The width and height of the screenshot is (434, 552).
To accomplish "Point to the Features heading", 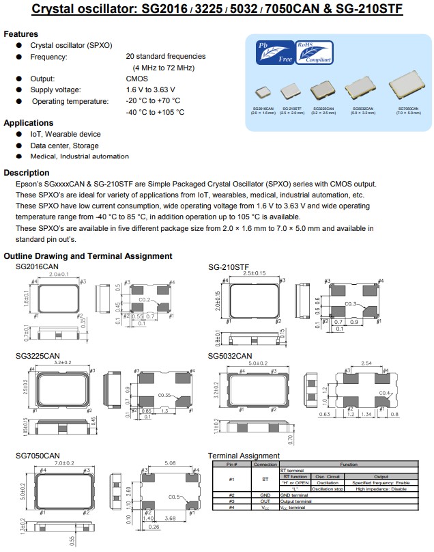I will (21, 34).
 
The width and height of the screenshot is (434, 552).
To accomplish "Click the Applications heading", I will (29, 123).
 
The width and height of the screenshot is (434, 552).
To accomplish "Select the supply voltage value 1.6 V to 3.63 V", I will (150, 89).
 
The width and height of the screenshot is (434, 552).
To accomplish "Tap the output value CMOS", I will (136, 79).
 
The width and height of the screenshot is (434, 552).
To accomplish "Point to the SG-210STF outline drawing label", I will (229, 266).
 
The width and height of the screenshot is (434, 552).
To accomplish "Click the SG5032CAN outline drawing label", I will (230, 356).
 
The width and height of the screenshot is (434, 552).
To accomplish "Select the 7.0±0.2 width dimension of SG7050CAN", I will (63, 464).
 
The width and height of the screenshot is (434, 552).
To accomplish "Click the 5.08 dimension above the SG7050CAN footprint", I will (170, 464).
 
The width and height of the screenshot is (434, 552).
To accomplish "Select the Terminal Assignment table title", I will (244, 456).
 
